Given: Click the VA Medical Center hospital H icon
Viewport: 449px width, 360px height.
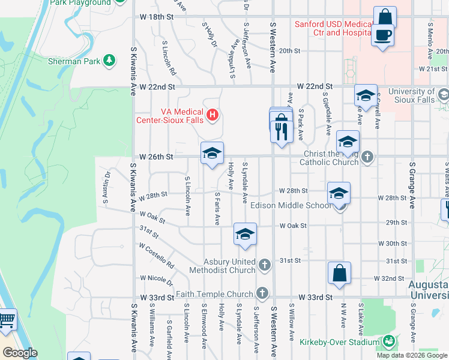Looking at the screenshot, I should pos(212,114).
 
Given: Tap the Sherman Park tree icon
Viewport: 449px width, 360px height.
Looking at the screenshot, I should pos(109,59).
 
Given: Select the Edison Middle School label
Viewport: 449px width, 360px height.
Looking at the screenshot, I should pos(291,206).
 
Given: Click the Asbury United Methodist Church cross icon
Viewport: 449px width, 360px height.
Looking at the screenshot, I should pos(265,264).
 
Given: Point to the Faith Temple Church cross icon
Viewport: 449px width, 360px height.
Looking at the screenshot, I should pos(261,293).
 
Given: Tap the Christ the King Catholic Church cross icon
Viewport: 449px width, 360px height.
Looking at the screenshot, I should pos(368,157).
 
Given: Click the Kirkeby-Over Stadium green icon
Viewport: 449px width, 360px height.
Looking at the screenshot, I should pos(388,343).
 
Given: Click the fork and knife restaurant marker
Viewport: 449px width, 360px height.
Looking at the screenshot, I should pos(282,128).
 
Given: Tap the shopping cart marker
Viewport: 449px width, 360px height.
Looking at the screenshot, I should pos(6,320).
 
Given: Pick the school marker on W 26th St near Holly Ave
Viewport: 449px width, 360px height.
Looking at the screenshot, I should pos(211,154).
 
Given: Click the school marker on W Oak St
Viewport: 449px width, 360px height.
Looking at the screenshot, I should pos(244,235).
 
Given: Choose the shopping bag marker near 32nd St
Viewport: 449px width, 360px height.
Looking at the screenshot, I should pos(339,272).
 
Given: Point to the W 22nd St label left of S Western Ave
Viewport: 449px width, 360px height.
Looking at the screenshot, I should pos(157,87).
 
